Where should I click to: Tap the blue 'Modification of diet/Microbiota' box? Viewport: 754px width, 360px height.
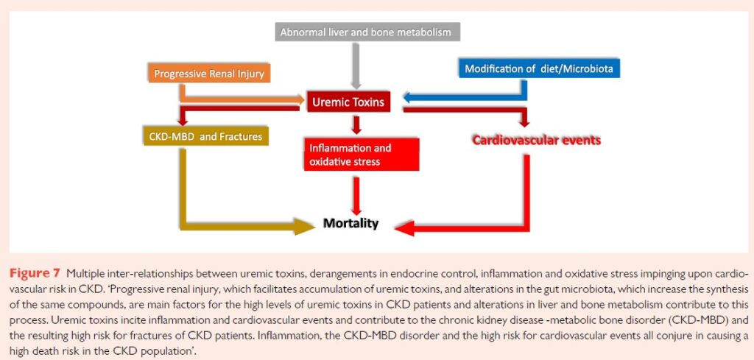tap(540, 69)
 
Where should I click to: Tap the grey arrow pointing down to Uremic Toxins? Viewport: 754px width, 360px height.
tap(357, 66)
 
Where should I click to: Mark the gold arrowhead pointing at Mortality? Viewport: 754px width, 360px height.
tap(303, 225)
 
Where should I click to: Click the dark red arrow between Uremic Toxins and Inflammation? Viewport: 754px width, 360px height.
tap(356, 124)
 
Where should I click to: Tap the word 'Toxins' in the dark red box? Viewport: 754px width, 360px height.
tap(367, 102)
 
